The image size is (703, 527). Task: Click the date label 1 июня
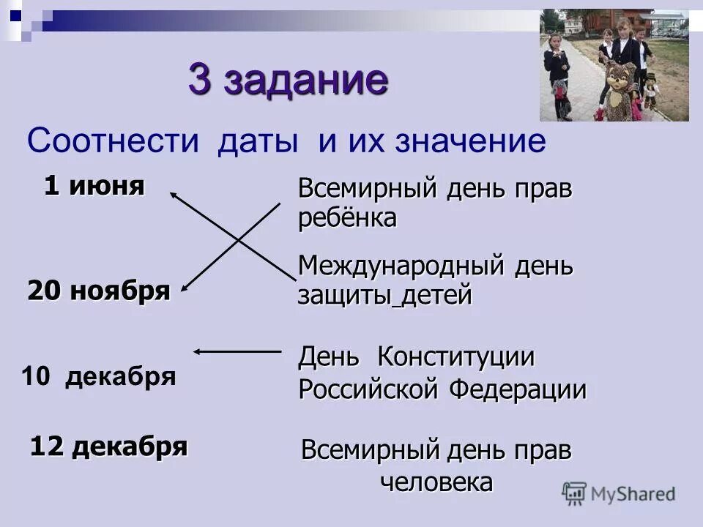tap(94, 186)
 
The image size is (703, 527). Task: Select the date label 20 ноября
tap(99, 291)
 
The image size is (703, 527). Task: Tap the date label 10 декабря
tap(99, 376)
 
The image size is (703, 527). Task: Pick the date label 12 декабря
tap(108, 445)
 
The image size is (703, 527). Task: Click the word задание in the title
tap(305, 81)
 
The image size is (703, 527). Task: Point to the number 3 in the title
tap(200, 81)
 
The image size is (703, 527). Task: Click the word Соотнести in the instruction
tap(114, 140)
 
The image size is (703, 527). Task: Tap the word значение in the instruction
tap(471, 140)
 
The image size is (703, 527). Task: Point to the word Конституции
tap(455, 357)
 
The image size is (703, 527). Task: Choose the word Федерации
tap(517, 389)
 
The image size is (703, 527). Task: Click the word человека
tap(436, 482)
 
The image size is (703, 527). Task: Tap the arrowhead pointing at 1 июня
tap(174, 193)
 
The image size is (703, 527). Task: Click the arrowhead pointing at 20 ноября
tap(184, 289)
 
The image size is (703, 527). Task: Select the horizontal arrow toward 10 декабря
tap(237, 351)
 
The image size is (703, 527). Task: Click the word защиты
tap(343, 296)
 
